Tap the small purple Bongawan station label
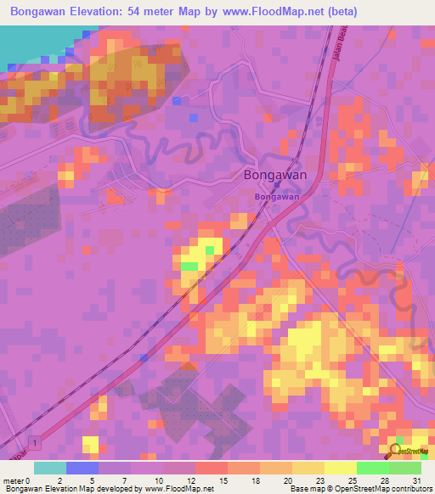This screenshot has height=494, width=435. pos(277,196)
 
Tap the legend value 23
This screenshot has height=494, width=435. pos(296,480)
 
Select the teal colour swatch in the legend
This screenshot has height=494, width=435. pos(50,468)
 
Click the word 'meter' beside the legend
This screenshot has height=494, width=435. pos(13,480)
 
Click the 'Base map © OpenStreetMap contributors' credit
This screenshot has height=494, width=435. pos(360,489)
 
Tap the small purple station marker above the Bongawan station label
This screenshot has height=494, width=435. pos(276,187)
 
